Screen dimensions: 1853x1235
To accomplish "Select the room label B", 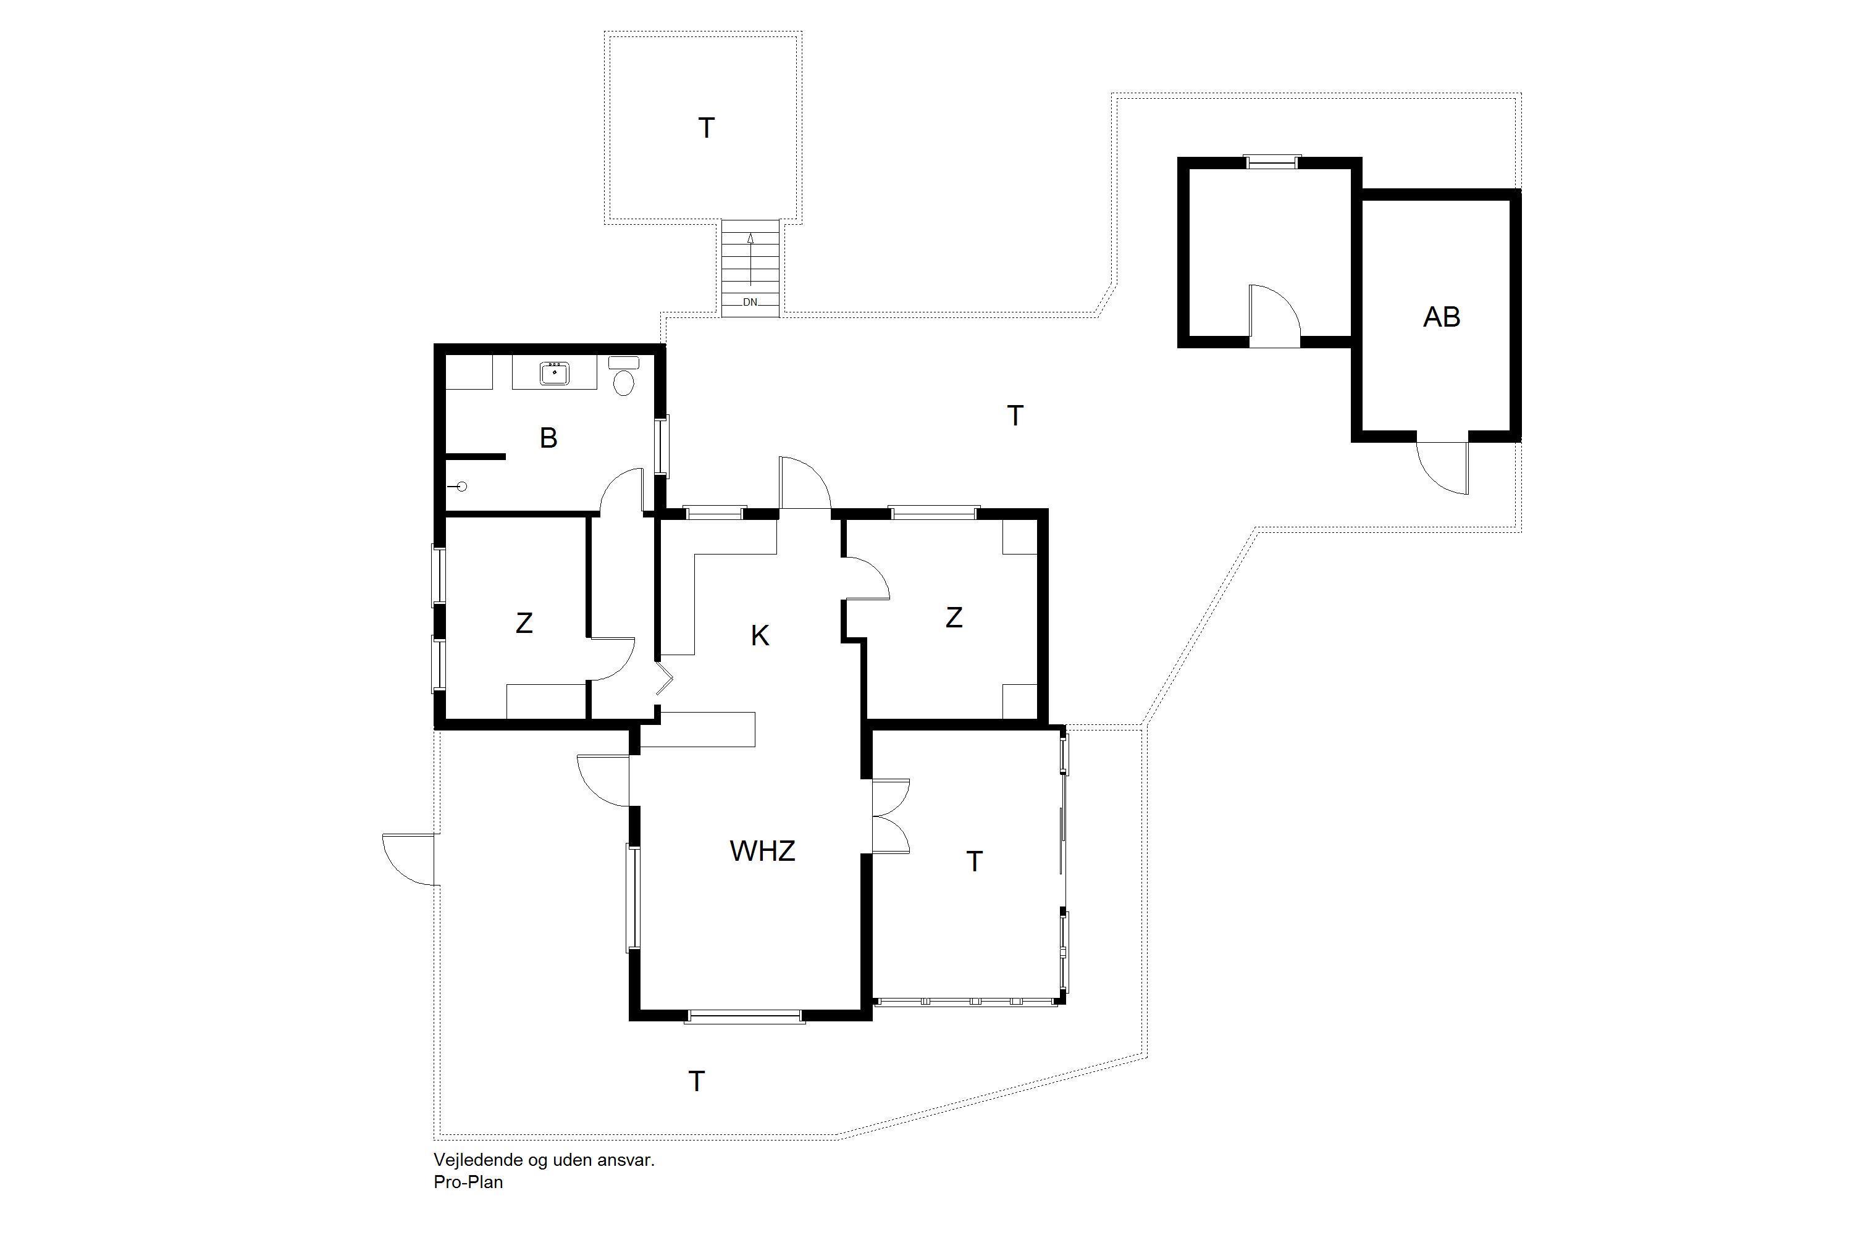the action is point(549,438).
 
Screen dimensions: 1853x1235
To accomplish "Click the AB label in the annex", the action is point(1442,317).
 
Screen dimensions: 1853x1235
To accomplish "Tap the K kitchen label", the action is point(760,635).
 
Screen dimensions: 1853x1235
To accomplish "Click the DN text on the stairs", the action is point(750,302).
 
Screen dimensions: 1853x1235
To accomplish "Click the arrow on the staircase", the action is point(751,260).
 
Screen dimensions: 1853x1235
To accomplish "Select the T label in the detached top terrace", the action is point(707,128).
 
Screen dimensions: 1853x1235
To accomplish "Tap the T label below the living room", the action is point(697,1081).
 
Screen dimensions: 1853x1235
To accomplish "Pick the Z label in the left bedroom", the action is point(524,623).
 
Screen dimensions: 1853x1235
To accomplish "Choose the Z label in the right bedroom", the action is point(954,617).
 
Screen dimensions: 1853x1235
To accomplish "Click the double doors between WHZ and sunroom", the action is point(891,816).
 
